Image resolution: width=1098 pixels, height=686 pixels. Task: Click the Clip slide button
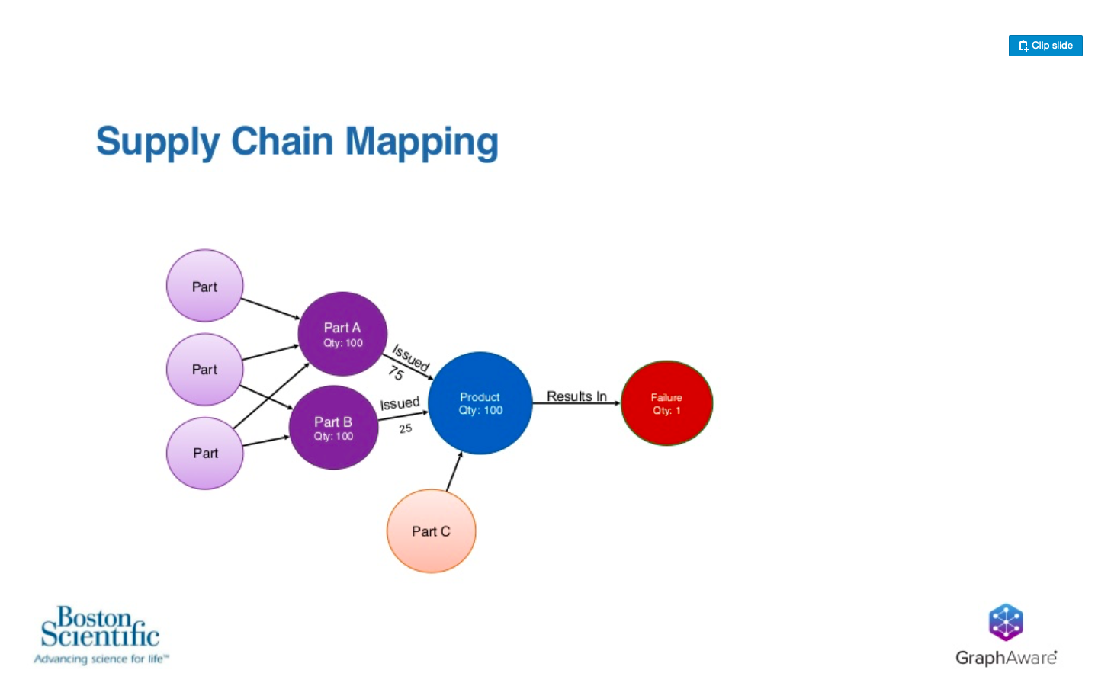[1045, 46]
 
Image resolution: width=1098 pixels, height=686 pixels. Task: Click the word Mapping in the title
[422, 142]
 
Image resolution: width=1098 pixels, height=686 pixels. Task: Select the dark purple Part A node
[342, 334]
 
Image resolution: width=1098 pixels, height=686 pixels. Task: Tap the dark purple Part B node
[333, 428]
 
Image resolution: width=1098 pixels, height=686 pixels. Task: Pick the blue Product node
[480, 403]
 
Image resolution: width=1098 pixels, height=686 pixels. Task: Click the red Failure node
[666, 403]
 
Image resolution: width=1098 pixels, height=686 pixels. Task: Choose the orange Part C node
[432, 531]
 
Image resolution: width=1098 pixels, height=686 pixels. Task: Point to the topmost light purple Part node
[205, 286]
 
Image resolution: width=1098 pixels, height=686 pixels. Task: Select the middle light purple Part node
[205, 370]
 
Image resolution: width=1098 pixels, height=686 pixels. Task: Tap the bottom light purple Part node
[205, 454]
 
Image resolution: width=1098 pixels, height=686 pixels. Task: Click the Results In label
[576, 396]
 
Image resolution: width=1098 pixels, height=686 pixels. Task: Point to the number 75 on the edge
[396, 373]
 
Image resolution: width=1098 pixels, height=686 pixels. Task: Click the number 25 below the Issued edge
[406, 428]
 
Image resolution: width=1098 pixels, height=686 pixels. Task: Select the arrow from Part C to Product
[454, 471]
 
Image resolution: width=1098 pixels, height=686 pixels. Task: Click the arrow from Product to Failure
[577, 403]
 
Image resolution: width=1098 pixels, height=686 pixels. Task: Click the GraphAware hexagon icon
[1006, 622]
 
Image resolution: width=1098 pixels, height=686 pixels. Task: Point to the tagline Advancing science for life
[101, 659]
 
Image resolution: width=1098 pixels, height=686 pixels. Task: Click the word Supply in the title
[158, 142]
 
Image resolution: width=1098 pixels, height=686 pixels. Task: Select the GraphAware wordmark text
[1006, 658]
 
